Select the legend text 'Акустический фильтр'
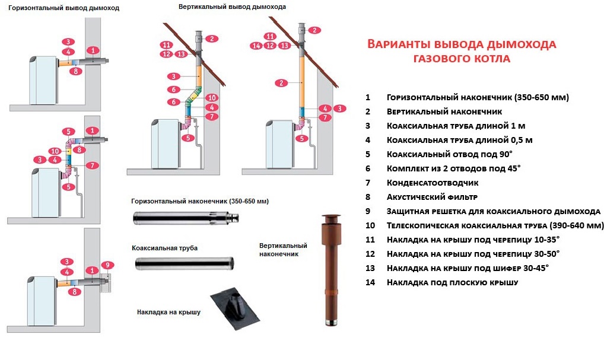[x=431, y=197]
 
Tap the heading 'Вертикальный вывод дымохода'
[x=232, y=7]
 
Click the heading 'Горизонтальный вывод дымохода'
[x=63, y=9]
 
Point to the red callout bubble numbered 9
[x=107, y=265]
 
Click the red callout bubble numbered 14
[x=256, y=46]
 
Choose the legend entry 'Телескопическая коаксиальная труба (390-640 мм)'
[x=495, y=225]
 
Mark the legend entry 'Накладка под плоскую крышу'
[x=452, y=283]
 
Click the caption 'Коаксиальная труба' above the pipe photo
[x=164, y=248]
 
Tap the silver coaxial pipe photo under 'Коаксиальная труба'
[x=183, y=263]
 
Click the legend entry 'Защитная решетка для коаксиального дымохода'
[x=493, y=211]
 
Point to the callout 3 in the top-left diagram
[x=69, y=42]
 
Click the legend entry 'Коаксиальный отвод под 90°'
[x=445, y=154]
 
